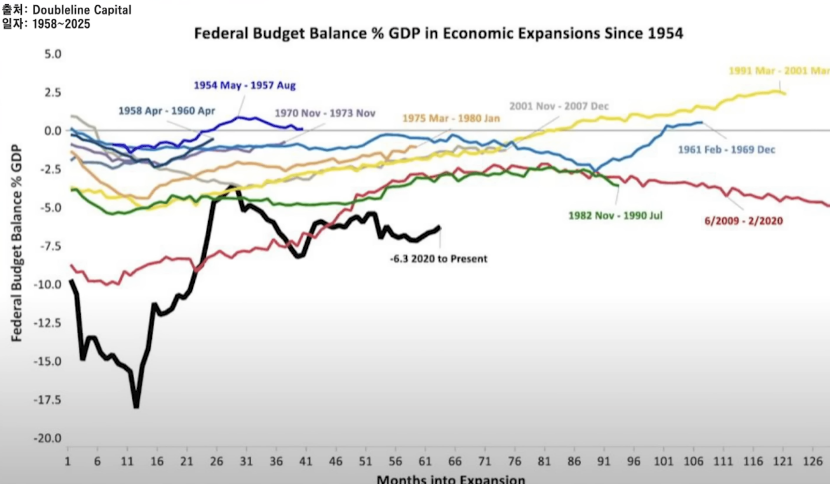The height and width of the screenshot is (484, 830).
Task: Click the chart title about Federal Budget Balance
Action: pyautogui.click(x=438, y=33)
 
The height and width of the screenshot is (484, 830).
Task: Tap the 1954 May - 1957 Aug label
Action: pyautogui.click(x=244, y=85)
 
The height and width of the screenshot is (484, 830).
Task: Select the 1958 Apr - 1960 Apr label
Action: pyautogui.click(x=167, y=111)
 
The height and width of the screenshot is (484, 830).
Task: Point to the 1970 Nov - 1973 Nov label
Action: pyautogui.click(x=325, y=114)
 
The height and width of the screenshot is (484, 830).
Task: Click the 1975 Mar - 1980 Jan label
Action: pyautogui.click(x=451, y=118)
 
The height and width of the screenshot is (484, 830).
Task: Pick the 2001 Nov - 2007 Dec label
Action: pyautogui.click(x=559, y=106)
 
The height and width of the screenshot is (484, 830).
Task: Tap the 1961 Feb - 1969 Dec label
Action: pyautogui.click(x=726, y=150)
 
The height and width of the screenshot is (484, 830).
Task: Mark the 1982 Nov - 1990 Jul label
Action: pyautogui.click(x=615, y=215)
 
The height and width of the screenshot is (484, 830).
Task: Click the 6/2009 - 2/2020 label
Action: pyautogui.click(x=744, y=221)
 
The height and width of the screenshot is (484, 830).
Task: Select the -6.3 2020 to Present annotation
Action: pyautogui.click(x=439, y=259)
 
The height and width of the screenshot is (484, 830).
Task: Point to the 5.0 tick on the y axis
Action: pyautogui.click(x=53, y=54)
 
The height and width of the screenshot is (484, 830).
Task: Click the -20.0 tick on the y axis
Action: pyautogui.click(x=47, y=438)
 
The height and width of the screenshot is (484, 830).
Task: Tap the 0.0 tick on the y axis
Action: pyautogui.click(x=53, y=131)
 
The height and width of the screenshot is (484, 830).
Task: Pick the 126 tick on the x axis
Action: pyautogui.click(x=813, y=461)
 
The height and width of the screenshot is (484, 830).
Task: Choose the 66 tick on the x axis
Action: pyautogui.click(x=455, y=461)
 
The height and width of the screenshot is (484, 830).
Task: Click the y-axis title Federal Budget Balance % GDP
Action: pyautogui.click(x=16, y=243)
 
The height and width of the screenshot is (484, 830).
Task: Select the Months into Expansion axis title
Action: pyautogui.click(x=450, y=480)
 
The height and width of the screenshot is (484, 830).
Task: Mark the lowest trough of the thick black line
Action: pyautogui.click(x=136, y=406)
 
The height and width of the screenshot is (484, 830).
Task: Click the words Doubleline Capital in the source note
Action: pyautogui.click(x=82, y=10)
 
